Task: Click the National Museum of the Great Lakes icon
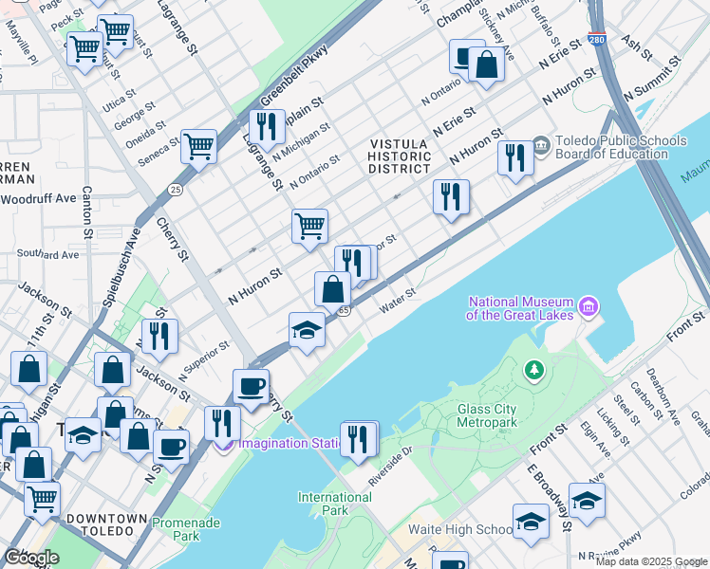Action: (x=589, y=306)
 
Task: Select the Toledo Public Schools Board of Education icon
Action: (x=541, y=145)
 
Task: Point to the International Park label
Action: (x=334, y=504)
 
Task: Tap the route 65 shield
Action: (x=345, y=310)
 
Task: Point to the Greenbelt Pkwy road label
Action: (x=294, y=76)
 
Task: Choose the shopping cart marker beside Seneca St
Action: (x=198, y=145)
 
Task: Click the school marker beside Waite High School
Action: (x=531, y=520)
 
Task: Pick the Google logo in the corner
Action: (x=32, y=557)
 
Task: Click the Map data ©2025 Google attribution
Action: (x=651, y=561)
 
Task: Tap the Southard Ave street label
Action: (x=48, y=254)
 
